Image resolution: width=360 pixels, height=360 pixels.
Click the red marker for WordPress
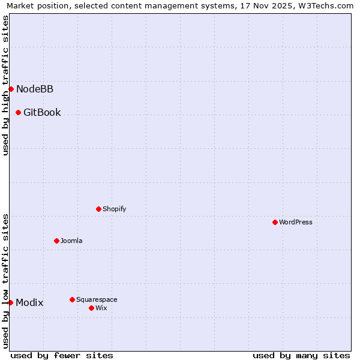coord(275,222)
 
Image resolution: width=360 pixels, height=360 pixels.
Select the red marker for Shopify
coord(98,209)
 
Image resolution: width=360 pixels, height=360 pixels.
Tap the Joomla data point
coord(56,241)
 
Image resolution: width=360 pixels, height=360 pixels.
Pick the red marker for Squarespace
coord(72,299)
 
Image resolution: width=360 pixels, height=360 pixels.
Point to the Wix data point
coord(91,308)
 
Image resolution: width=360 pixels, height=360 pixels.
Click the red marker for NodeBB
coord(11,89)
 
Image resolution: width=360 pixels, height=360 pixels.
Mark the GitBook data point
coord(18,112)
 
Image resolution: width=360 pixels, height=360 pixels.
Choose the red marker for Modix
coord(10,302)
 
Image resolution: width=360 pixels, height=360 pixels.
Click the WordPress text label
coord(296,222)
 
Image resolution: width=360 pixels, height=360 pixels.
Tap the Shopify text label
coord(114,209)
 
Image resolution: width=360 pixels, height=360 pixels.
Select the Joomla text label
coord(71,241)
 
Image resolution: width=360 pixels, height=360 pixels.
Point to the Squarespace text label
coord(97,299)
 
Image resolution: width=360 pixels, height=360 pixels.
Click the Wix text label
coord(101,308)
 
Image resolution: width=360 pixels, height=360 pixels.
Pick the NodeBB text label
coord(35,89)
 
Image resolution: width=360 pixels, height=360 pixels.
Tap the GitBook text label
coord(42,113)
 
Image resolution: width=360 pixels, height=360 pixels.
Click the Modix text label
coord(29,303)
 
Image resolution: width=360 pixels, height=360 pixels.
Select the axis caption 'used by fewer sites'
coord(62,355)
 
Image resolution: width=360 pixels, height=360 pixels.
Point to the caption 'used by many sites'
coord(301,355)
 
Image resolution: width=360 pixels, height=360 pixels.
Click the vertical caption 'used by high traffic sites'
coord(5,85)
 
